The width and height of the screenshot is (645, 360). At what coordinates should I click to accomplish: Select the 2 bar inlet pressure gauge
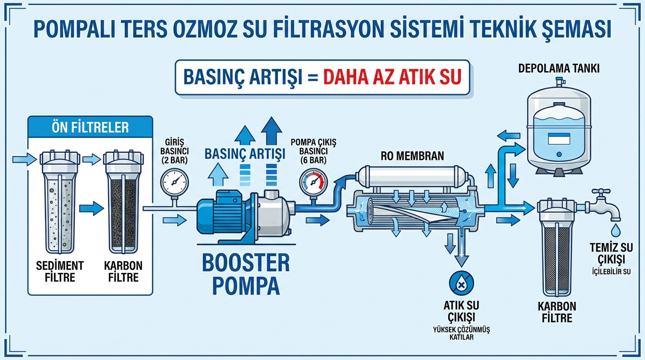[x=173, y=181]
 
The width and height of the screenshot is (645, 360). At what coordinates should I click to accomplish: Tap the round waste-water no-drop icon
[x=461, y=282]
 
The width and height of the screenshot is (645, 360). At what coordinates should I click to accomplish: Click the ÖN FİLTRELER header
[x=90, y=127]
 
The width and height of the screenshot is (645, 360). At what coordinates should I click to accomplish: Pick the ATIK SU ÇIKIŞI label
[x=461, y=311]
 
